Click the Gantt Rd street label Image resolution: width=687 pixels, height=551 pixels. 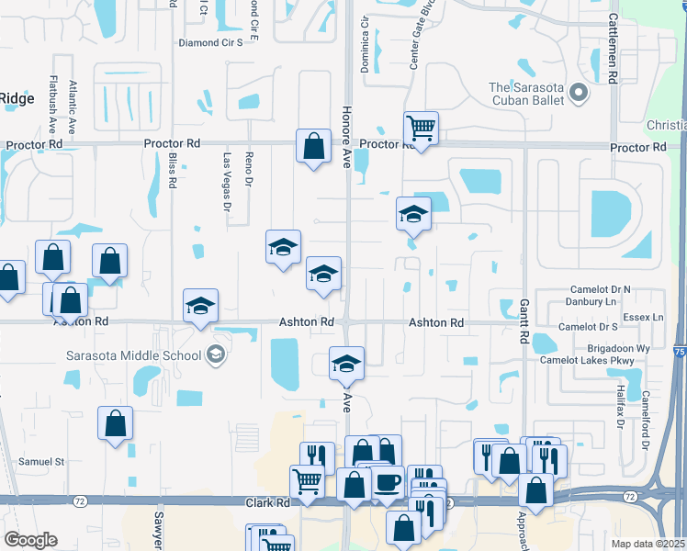(x=524, y=321)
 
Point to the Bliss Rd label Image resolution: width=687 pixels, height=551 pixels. (x=172, y=171)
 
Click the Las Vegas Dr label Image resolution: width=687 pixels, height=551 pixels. (x=227, y=184)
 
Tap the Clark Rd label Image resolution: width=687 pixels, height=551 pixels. (x=267, y=503)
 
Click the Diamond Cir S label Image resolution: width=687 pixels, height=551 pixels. (x=210, y=42)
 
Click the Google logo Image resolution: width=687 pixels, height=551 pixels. (x=30, y=539)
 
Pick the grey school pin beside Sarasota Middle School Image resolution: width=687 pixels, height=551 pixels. (x=216, y=354)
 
